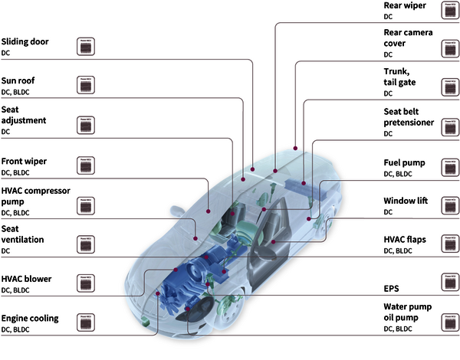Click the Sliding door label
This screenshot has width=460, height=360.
pos(26,41)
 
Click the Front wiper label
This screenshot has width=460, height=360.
pos(26,162)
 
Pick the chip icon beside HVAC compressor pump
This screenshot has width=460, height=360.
pos(87,205)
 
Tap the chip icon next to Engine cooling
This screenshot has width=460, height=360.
pos(87,322)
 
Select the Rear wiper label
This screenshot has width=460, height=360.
pos(405,5)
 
